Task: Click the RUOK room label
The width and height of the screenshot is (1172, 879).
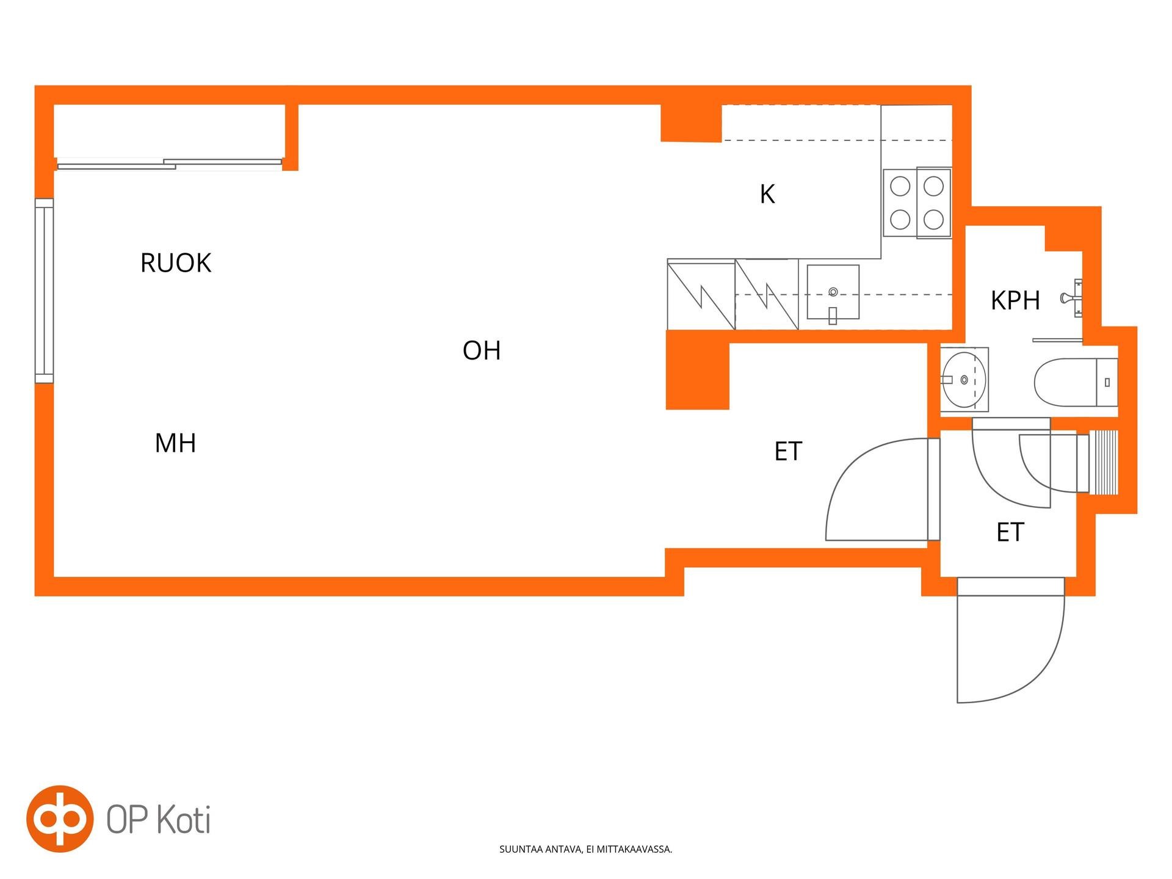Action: point(176,263)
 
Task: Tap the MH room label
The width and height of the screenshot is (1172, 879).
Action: point(175,443)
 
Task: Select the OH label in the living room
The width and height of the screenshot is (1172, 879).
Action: point(482,350)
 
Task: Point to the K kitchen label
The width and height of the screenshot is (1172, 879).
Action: point(767,194)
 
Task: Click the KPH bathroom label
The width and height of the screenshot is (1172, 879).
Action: point(1015,300)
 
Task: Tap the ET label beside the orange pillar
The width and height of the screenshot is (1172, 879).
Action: point(787,452)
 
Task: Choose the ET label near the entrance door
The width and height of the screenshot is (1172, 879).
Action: point(1010,532)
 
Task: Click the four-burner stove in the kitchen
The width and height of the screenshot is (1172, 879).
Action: point(917,203)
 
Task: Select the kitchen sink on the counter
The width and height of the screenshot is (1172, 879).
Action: point(833,292)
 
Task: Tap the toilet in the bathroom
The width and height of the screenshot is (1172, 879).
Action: point(1076,383)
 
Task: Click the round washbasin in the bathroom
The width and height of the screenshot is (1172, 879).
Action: point(964,380)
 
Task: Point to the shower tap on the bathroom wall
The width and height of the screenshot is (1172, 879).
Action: point(1073,298)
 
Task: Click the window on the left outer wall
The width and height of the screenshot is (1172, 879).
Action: point(44,291)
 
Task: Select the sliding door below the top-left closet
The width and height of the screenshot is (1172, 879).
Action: point(170,164)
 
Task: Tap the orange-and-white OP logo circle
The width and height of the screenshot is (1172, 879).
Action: point(60,819)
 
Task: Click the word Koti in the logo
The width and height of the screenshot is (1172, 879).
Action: point(184,819)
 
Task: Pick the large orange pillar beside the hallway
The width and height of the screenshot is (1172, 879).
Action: point(697,370)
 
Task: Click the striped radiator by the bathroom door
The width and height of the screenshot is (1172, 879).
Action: point(1104,461)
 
